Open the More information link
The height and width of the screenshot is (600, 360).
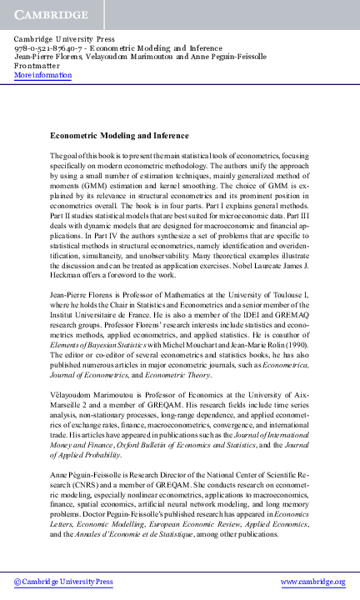point(42,75)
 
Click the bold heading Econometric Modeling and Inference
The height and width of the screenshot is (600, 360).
point(119,135)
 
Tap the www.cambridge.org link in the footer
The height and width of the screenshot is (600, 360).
point(312,581)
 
